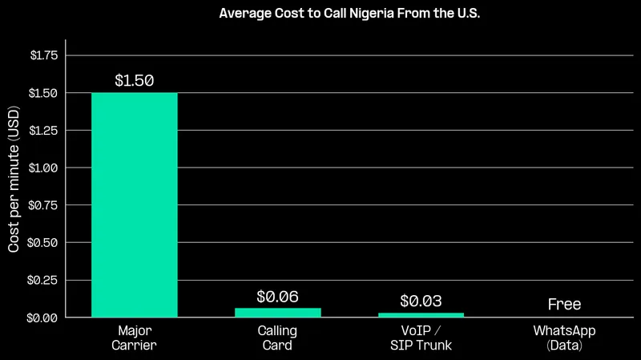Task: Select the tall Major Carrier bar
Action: [135, 205]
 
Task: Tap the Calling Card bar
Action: [278, 313]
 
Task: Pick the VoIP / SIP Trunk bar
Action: [421, 315]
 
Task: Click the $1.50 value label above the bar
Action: [135, 81]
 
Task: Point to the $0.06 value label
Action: [278, 296]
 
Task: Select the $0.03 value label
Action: [421, 301]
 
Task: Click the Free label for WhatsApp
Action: [564, 305]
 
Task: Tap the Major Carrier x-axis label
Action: [135, 338]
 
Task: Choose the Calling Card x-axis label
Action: [278, 338]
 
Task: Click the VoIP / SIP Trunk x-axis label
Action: [421, 338]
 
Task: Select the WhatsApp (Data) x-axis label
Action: [564, 338]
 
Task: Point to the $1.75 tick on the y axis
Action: [43, 55]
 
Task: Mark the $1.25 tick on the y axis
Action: [43, 131]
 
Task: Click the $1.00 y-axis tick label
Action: [43, 168]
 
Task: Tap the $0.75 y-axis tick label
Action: [43, 205]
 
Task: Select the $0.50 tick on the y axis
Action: [43, 243]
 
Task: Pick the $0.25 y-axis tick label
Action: [43, 280]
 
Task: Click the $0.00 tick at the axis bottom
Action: [43, 318]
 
